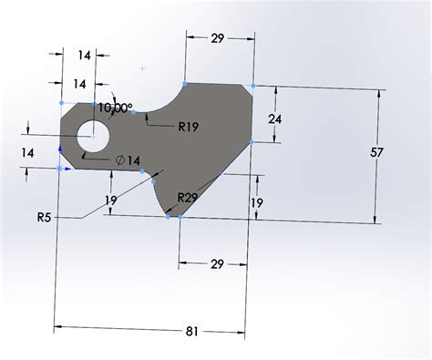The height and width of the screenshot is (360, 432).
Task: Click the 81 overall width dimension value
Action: [x=192, y=332]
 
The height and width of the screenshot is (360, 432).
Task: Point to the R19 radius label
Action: [x=189, y=127]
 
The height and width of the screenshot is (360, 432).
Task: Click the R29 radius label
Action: [x=189, y=198]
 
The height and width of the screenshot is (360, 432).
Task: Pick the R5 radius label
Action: [x=45, y=218]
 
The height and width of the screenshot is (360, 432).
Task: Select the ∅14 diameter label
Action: [x=128, y=160]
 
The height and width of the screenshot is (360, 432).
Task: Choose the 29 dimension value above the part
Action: [x=219, y=38]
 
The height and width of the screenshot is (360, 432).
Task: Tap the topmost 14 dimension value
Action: [x=84, y=56]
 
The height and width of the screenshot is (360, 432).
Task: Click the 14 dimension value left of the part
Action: [x=27, y=154]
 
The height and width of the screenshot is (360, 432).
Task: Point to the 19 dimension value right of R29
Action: [x=258, y=202]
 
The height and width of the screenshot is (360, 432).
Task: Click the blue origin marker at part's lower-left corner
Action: [x=60, y=169]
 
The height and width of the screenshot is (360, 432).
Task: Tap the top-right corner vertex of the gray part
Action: [x=251, y=87]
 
